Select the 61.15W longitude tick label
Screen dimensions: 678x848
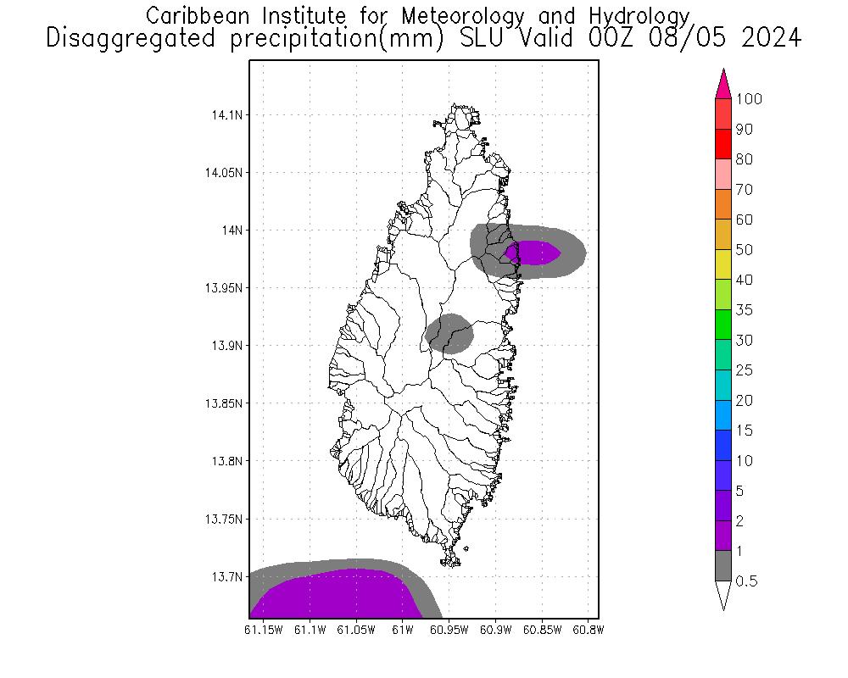(263, 630)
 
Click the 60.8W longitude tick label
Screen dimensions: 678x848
(588, 630)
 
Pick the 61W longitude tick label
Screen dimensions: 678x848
(403, 630)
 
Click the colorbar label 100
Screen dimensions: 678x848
(749, 99)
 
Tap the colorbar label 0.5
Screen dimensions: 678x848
(746, 581)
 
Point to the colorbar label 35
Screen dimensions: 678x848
(744, 310)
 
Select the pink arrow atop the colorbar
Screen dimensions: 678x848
(723, 84)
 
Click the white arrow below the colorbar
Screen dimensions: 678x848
(723, 596)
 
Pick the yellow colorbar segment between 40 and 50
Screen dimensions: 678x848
(723, 265)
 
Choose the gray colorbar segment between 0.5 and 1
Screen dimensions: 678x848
(723, 566)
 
